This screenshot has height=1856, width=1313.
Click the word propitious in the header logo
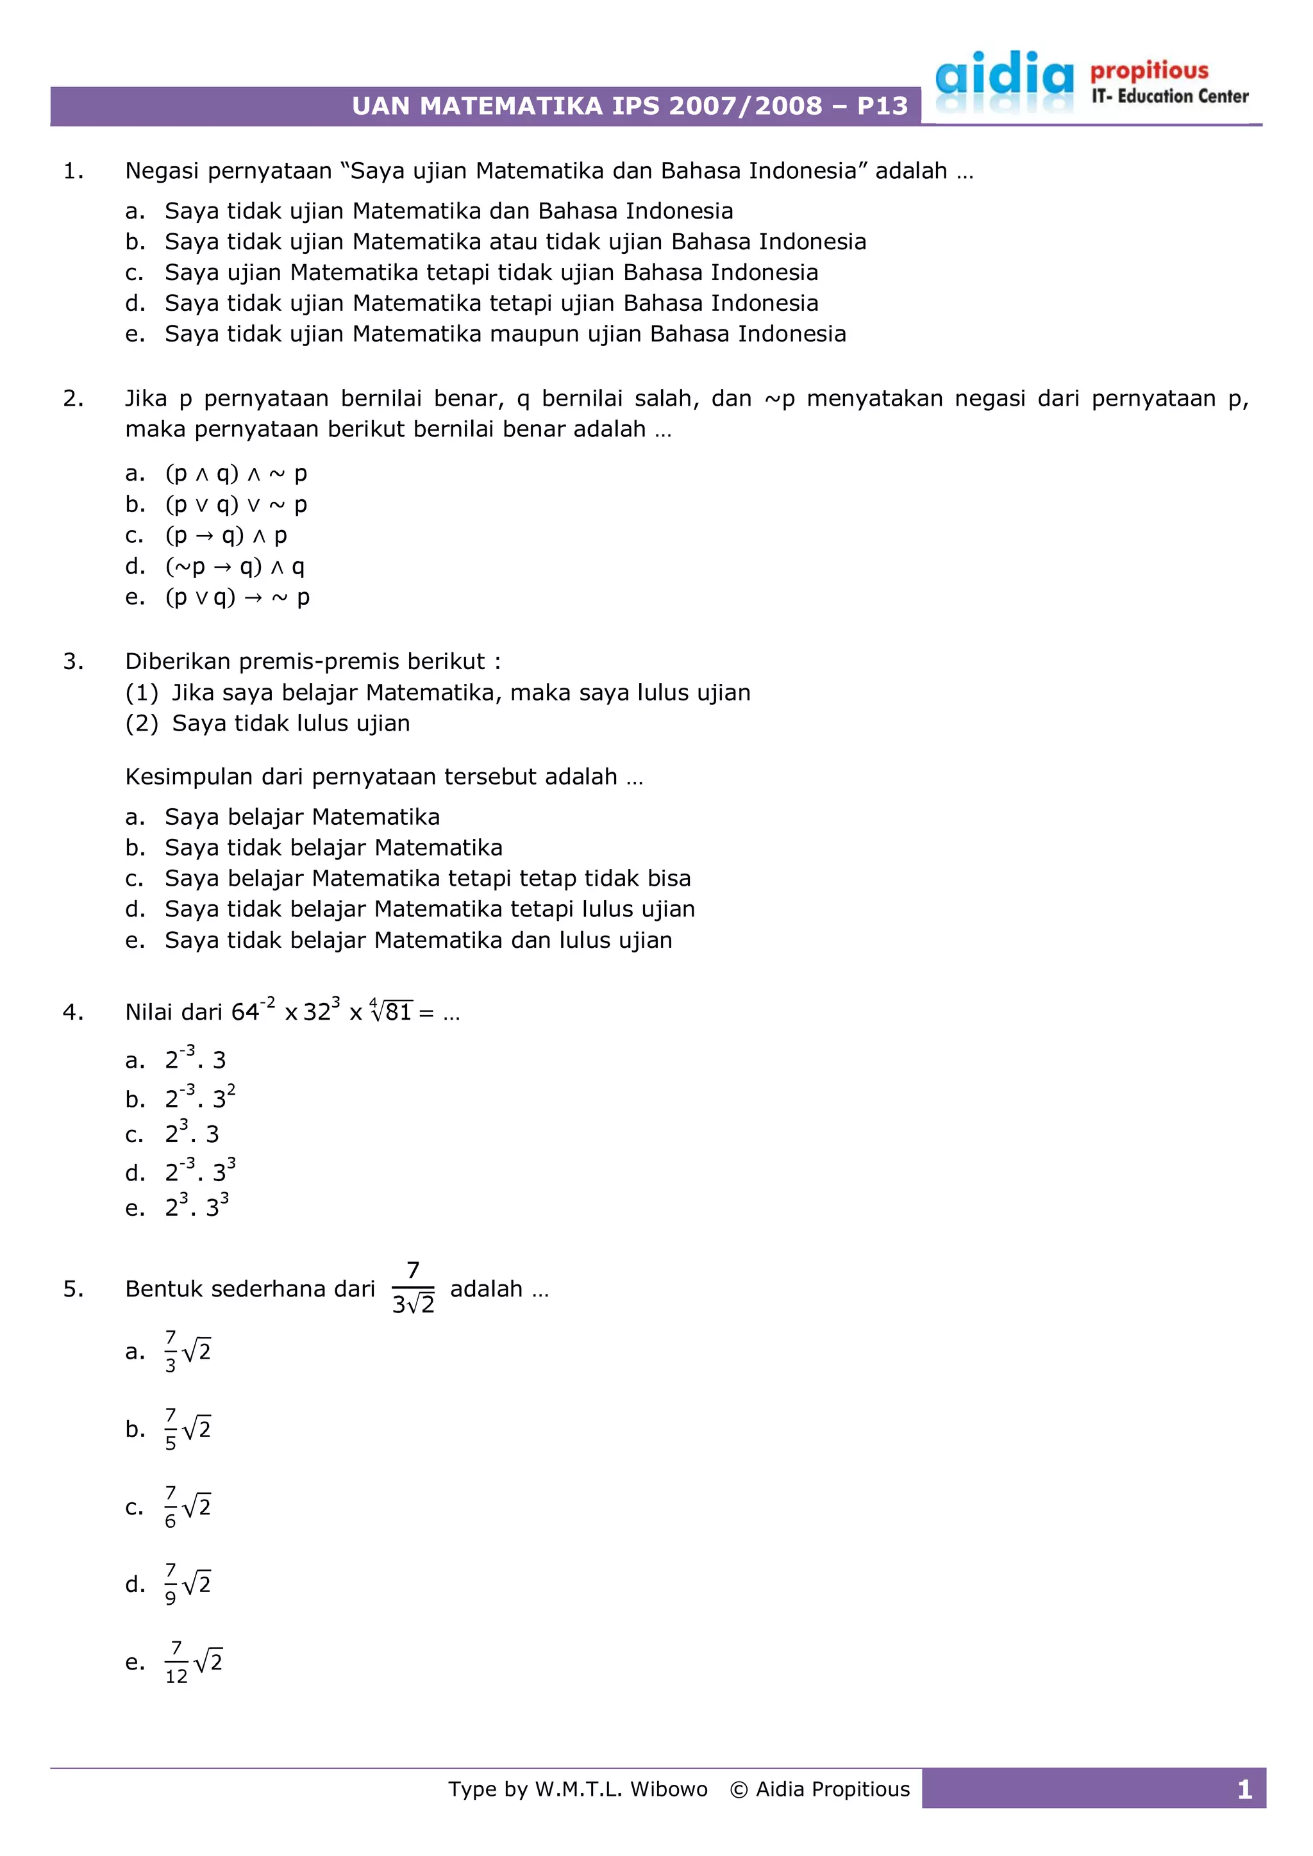click(1149, 71)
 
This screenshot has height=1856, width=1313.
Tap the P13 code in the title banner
click(882, 106)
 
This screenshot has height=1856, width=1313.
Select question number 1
click(72, 171)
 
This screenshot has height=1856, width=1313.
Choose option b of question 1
click(514, 242)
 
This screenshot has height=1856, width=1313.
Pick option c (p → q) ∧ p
click(226, 535)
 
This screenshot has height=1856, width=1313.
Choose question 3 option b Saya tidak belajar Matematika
click(333, 848)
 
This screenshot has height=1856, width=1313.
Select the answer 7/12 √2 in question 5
click(193, 1663)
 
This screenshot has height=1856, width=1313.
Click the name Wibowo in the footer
click(669, 1790)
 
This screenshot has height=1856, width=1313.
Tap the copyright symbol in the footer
click(738, 1790)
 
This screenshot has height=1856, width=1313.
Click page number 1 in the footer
click(1244, 1791)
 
